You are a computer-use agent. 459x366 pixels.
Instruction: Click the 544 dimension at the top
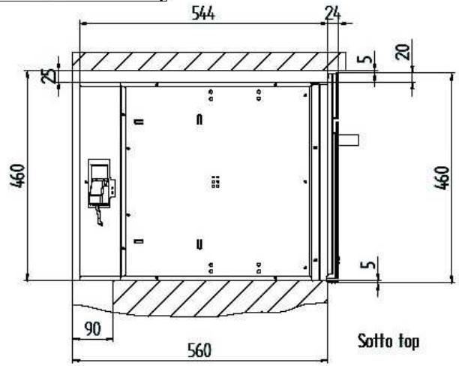pos(202,14)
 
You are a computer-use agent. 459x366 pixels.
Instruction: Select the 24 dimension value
pos(333,14)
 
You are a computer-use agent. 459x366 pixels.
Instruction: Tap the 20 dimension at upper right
pos(403,52)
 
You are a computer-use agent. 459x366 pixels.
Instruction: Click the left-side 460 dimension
pos(18,176)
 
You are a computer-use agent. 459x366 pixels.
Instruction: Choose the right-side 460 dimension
pos(442,178)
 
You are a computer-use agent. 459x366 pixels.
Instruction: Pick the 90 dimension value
pos(92,329)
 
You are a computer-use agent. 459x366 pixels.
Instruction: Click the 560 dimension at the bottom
pos(199,350)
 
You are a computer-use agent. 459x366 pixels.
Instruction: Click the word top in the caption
pos(409,342)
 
